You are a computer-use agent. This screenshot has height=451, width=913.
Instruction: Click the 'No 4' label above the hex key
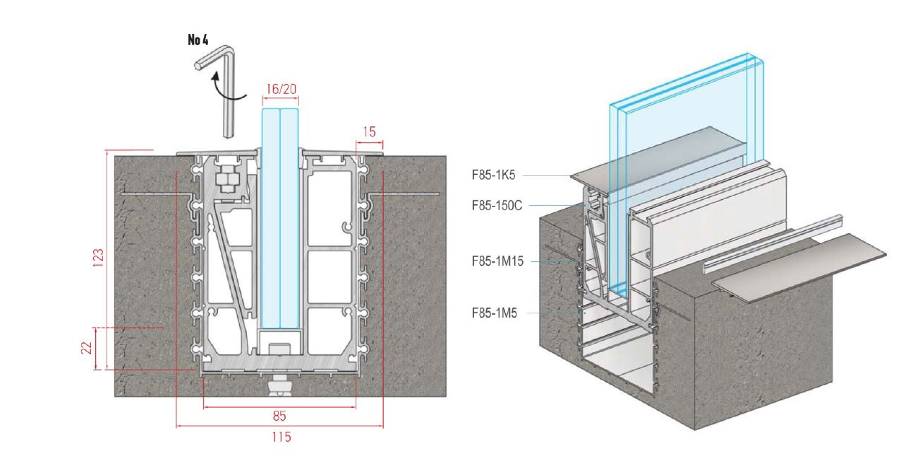(x=198, y=40)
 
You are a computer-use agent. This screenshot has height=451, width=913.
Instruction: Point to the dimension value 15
(x=370, y=131)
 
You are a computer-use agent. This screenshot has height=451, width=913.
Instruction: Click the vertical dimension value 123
(x=99, y=259)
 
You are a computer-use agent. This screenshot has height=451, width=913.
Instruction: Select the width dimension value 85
(x=279, y=416)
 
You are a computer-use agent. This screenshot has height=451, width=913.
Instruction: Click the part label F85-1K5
(x=494, y=174)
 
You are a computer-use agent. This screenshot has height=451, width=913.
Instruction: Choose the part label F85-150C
(x=495, y=205)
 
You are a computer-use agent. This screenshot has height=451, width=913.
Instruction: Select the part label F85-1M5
(x=494, y=312)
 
